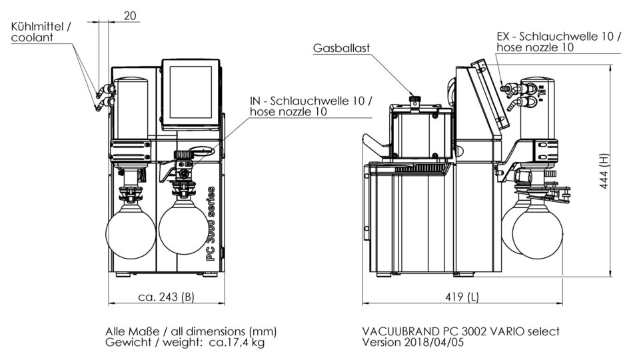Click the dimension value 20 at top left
tap(131, 15)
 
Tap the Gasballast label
tap(341, 49)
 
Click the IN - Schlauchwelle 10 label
tap(307, 101)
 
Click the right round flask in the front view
tap(183, 231)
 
